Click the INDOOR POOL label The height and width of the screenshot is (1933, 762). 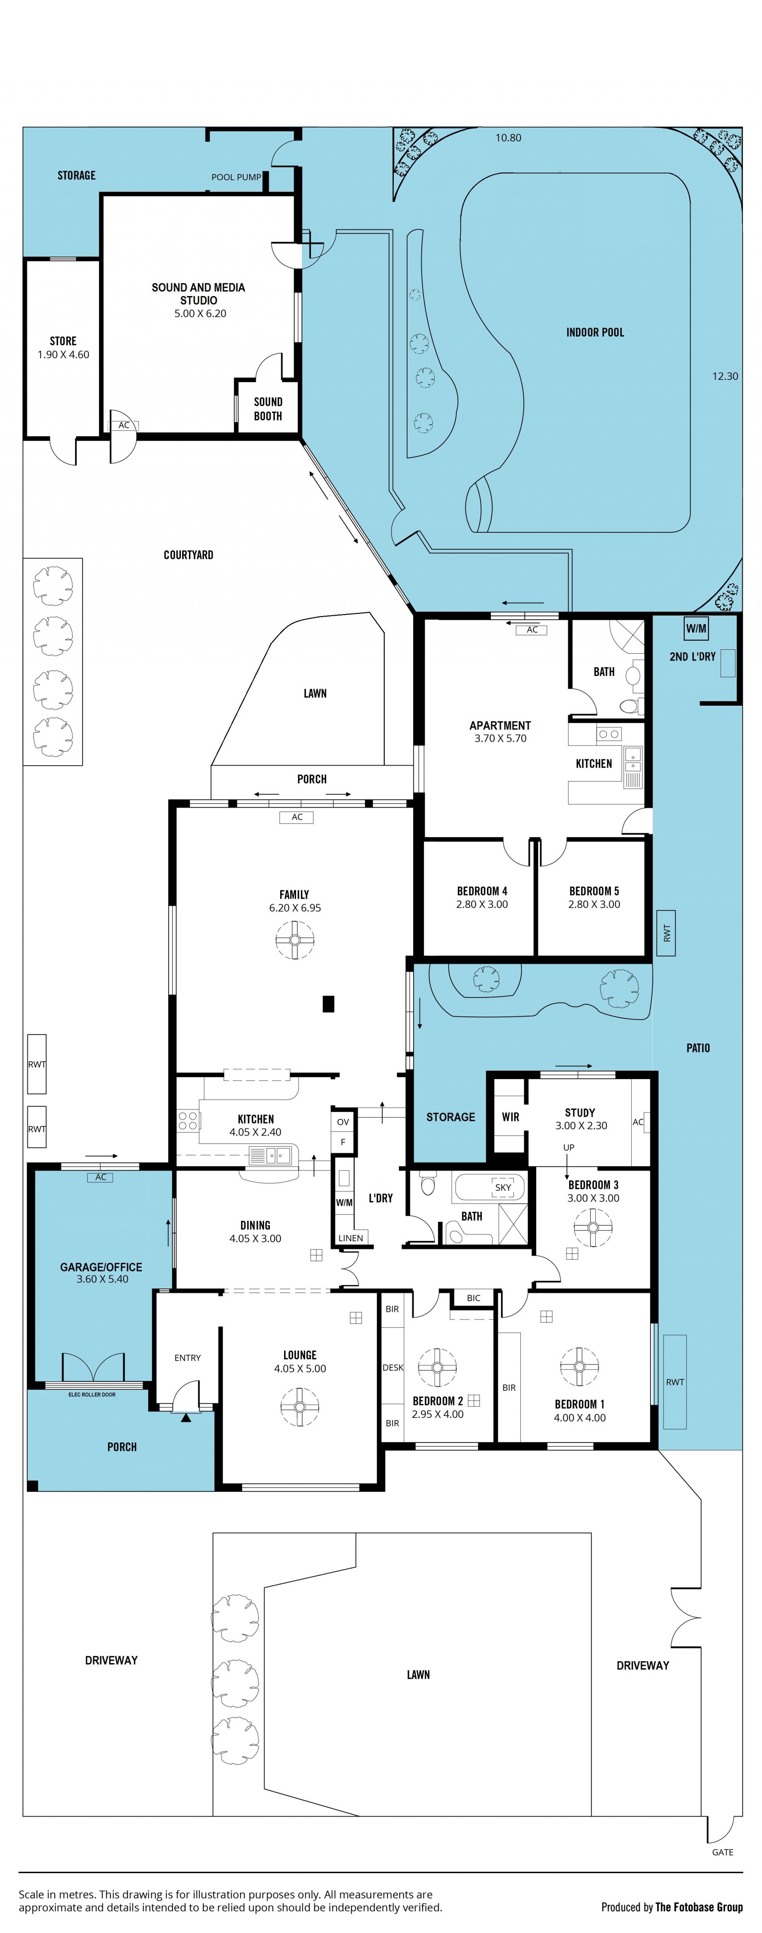595,333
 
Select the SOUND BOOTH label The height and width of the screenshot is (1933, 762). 268,409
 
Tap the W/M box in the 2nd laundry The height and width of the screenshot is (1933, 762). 696,628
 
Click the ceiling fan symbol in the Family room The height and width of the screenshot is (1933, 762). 294,940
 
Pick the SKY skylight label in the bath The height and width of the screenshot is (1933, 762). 502,1187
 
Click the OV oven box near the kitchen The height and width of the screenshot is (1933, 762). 343,1122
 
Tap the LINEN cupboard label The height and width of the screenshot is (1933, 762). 350,1238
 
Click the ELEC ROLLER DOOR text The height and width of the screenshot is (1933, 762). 92,1394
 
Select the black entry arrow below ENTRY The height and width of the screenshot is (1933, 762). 186,1417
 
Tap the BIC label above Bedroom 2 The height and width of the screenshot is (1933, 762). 473,1298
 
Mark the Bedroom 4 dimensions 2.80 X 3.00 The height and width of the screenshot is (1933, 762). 481,904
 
